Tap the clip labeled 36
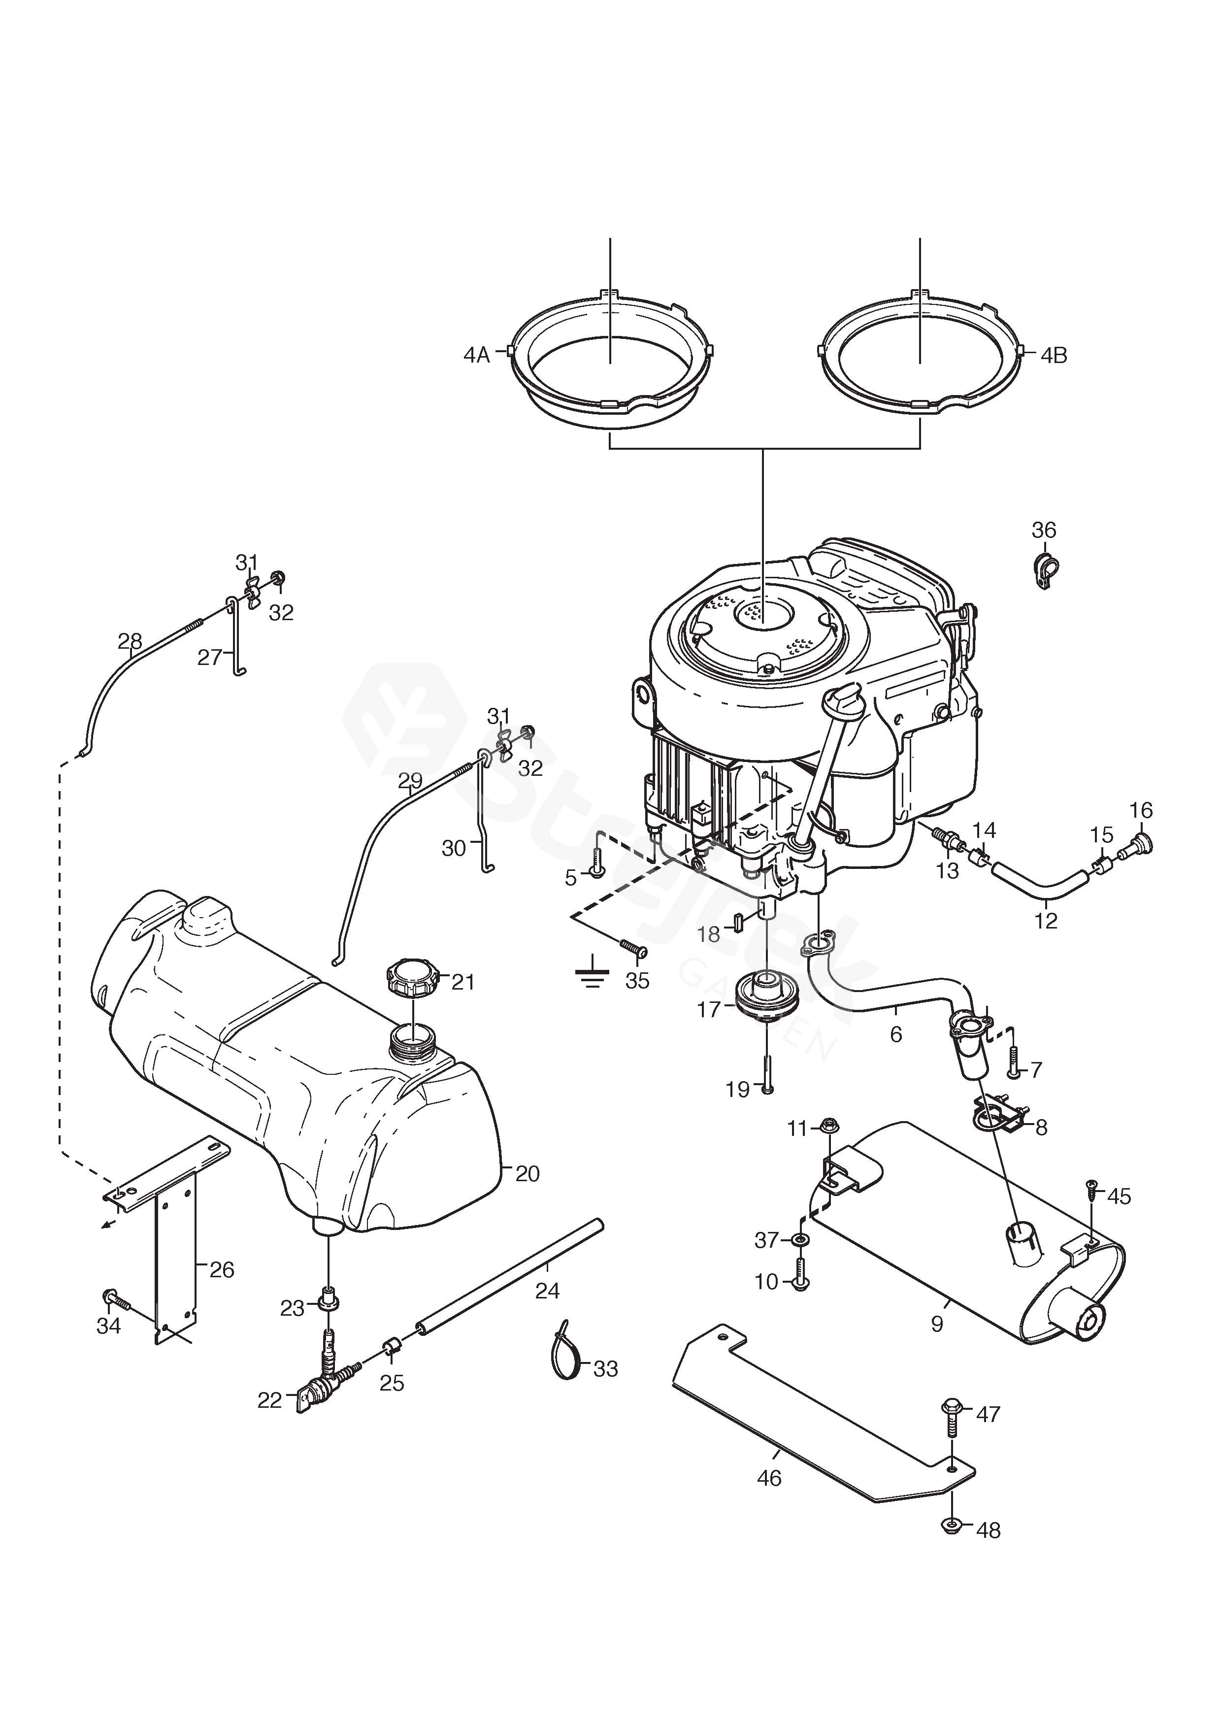[x=1043, y=572]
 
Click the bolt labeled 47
[x=950, y=1414]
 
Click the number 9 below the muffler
[x=937, y=1324]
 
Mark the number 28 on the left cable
[x=130, y=640]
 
